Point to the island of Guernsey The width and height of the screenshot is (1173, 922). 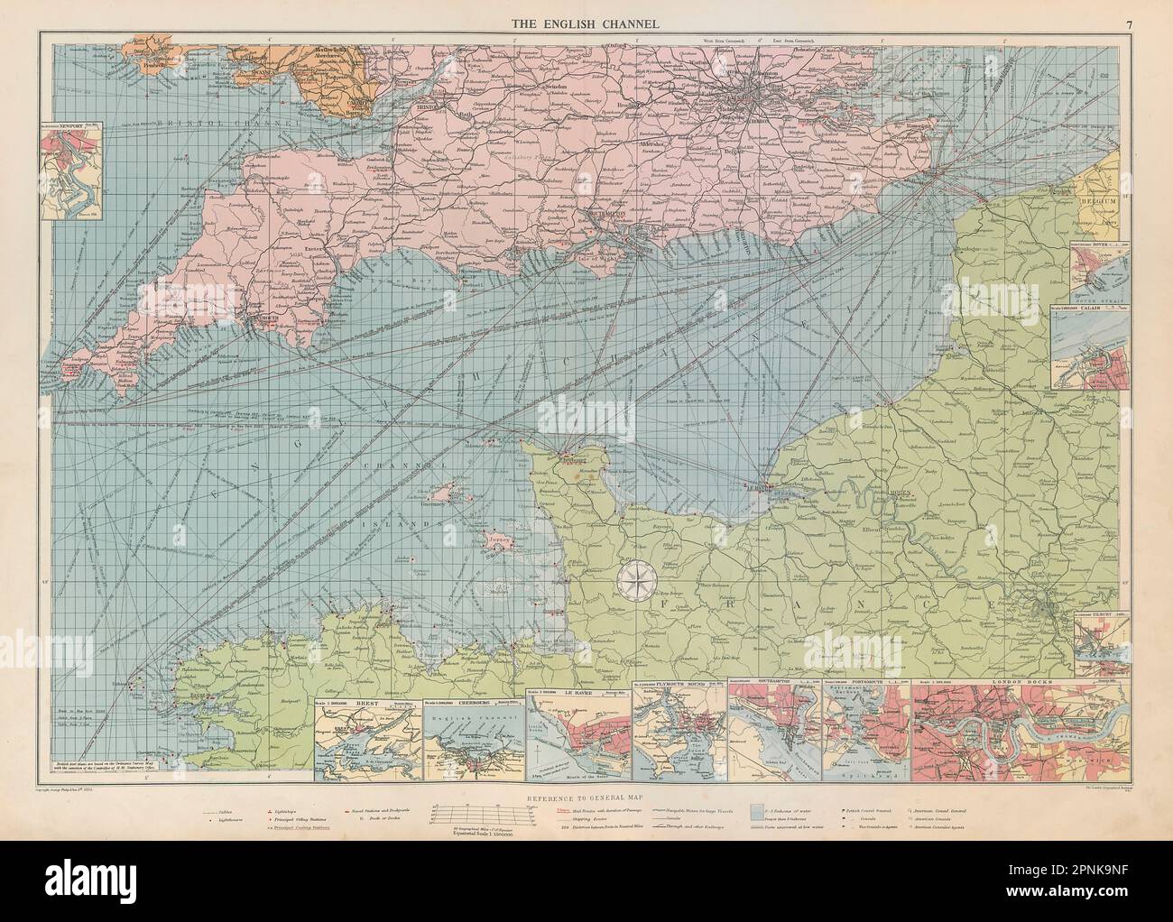[444, 493]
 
